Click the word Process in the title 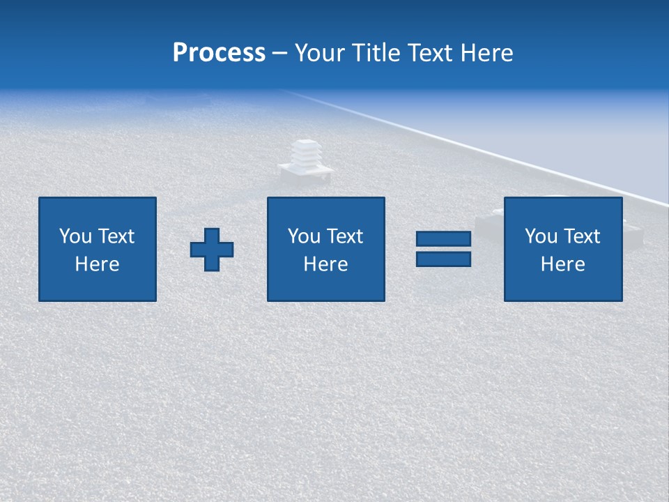click(219, 53)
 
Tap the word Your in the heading click(320, 53)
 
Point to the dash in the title click(279, 54)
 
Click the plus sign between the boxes click(212, 250)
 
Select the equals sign click(443, 249)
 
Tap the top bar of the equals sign click(443, 239)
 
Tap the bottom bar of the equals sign click(443, 259)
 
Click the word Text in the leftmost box click(116, 236)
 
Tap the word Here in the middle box click(326, 264)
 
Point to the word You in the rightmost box click(541, 236)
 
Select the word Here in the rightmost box click(563, 264)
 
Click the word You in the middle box click(304, 236)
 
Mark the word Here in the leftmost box click(98, 264)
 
